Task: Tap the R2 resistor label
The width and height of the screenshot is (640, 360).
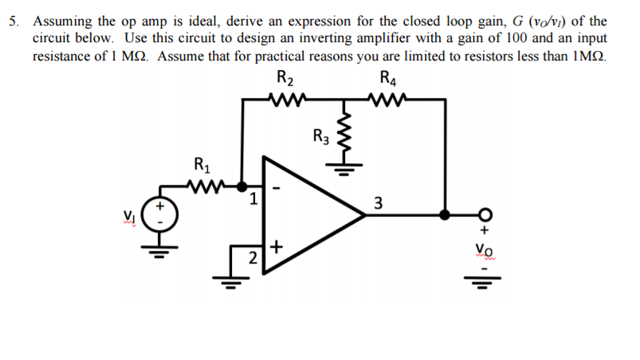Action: point(285,78)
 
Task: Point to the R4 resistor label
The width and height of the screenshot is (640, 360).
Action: point(388,78)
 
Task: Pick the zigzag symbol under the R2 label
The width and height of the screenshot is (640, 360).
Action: point(285,100)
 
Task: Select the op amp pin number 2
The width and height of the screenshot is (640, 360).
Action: point(252,257)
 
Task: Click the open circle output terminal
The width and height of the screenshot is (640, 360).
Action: point(484,214)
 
